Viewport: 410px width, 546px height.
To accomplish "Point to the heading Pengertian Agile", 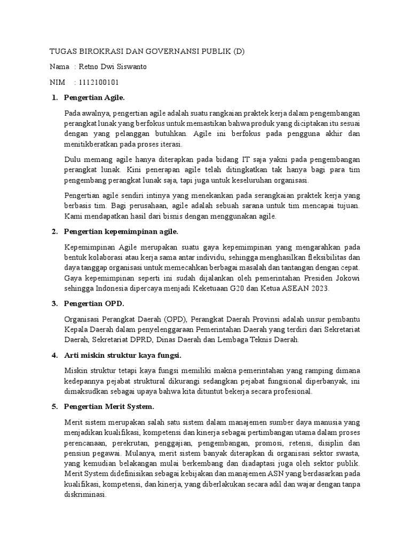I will click(94, 98).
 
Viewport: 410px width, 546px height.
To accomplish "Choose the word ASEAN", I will click(293, 288).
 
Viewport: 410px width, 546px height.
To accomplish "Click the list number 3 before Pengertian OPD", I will click(54, 303).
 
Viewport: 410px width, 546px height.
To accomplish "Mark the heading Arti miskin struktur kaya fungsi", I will click(123, 355).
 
